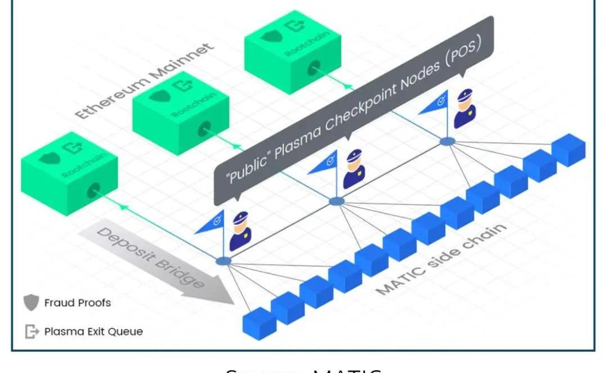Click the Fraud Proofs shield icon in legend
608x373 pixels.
[x=32, y=303]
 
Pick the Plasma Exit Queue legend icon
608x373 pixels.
[x=32, y=331]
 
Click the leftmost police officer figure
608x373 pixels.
[x=240, y=230]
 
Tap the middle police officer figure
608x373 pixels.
[x=354, y=168]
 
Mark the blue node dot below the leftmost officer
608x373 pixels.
[x=224, y=260]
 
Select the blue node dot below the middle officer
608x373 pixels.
[x=336, y=201]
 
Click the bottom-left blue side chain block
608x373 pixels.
[x=260, y=324]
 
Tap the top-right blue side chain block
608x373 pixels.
[x=568, y=149]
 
